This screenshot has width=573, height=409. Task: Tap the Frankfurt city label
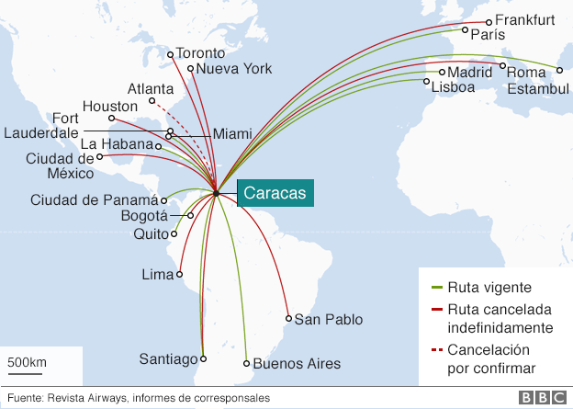click(524, 20)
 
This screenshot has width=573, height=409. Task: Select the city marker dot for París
click(464, 34)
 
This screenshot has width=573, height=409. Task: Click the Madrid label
click(470, 72)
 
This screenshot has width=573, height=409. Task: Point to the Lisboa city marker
click(426, 83)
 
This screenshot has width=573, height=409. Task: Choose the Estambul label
click(537, 88)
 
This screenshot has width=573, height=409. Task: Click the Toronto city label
click(199, 52)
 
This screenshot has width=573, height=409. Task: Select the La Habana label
click(117, 144)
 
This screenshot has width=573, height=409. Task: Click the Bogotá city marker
click(191, 216)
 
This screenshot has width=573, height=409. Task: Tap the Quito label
click(150, 233)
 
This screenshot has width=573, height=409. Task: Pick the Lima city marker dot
click(180, 274)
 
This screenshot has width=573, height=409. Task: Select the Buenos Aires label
click(297, 364)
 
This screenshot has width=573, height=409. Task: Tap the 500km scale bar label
click(28, 362)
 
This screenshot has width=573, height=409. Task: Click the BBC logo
click(540, 398)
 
